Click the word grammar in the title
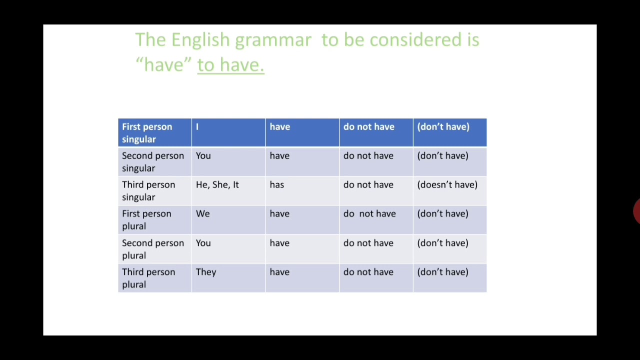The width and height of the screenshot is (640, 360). (273, 40)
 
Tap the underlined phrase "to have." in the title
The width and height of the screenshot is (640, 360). (230, 65)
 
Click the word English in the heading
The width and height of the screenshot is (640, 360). (200, 40)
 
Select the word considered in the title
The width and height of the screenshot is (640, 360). (415, 39)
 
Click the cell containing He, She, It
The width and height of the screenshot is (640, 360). (228, 191)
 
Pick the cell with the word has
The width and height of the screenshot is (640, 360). (302, 191)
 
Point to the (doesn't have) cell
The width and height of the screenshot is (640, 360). (450, 191)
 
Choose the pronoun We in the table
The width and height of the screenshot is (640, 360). (203, 213)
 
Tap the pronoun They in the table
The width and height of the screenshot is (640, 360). (206, 272)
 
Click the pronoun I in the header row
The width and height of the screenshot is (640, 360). (197, 127)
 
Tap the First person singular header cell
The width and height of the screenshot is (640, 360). (155, 132)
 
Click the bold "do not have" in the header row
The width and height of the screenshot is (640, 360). (369, 127)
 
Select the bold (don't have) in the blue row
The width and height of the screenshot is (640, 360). (443, 127)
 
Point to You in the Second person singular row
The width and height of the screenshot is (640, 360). (203, 155)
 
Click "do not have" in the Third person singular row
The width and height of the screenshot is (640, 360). (368, 185)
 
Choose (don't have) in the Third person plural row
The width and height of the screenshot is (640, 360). (442, 272)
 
